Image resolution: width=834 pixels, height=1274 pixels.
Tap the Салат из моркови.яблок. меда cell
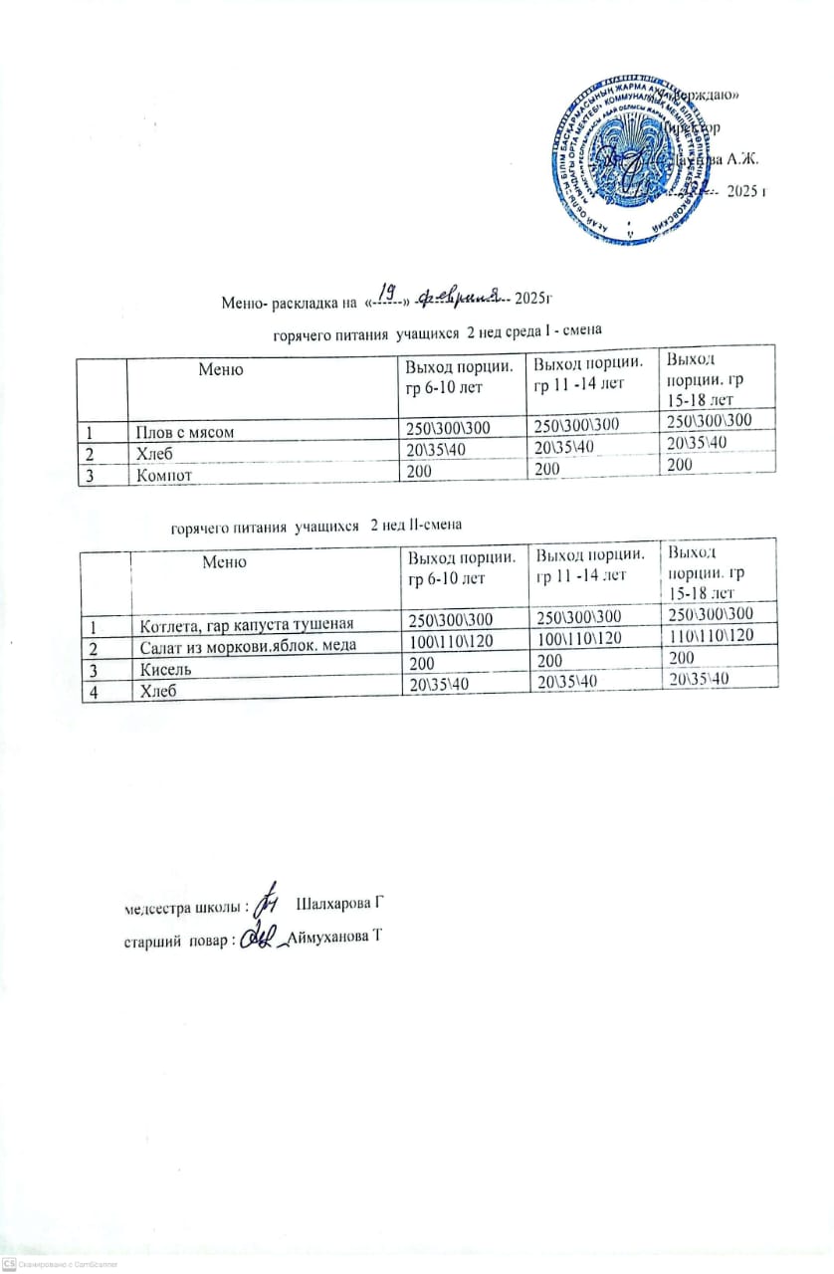point(243,645)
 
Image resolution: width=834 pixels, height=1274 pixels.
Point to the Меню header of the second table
point(224,562)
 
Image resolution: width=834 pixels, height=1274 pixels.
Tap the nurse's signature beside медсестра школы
point(266,901)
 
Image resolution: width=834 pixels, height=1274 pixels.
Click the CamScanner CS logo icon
point(9,1262)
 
